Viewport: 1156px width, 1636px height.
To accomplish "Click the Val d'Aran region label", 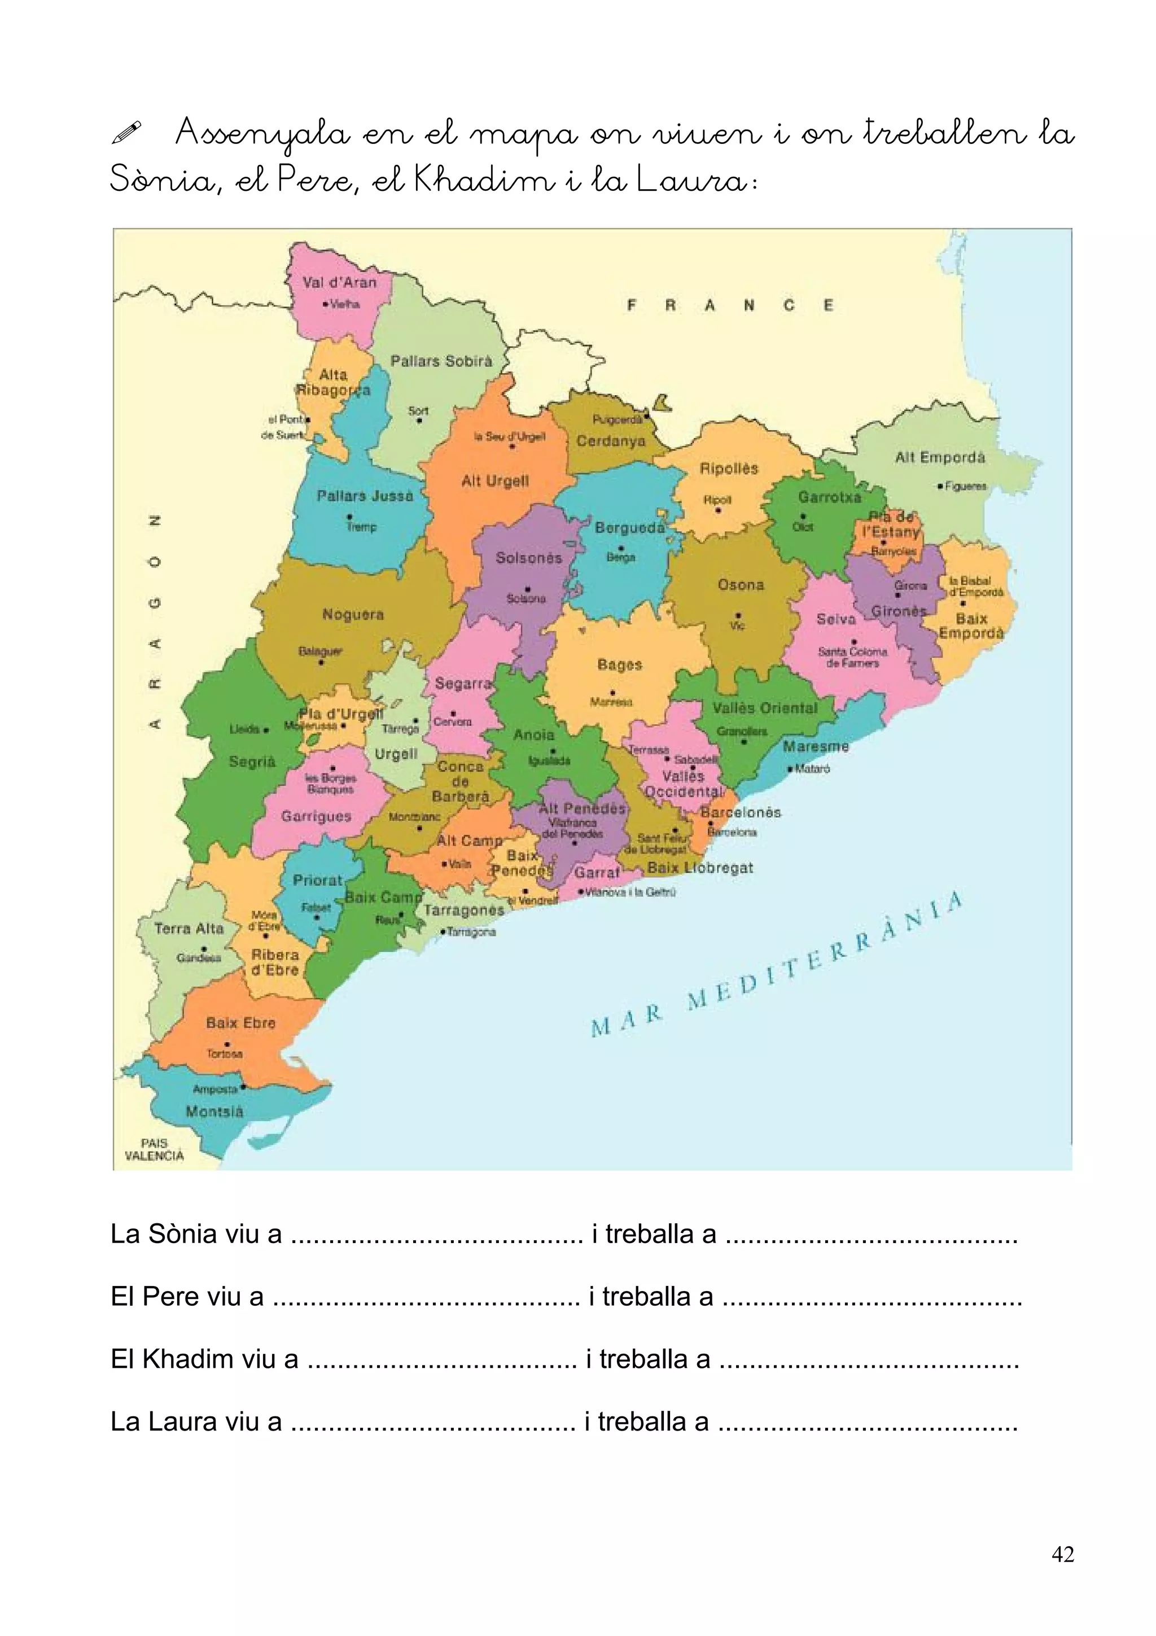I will point(339,282).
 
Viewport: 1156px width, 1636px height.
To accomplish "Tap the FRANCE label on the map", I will point(729,305).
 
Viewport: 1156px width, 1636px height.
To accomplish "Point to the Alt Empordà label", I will point(939,457).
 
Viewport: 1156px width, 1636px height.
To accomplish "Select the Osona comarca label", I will point(741,585).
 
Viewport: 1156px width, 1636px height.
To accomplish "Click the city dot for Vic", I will point(739,616).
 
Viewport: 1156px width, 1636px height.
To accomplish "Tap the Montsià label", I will point(214,1112).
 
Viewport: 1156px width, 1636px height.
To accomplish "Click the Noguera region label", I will point(353,614).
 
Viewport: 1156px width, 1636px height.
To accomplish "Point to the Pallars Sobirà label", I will point(441,361).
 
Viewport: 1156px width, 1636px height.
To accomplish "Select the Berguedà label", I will point(629,528).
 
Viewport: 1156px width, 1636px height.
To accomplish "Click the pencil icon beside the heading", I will point(127,133).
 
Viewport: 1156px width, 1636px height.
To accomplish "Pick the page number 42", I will point(1062,1555).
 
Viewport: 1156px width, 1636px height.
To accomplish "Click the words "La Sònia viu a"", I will point(196,1234).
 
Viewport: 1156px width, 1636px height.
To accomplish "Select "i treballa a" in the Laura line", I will point(646,1421).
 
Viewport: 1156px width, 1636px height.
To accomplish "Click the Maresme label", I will point(816,747).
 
